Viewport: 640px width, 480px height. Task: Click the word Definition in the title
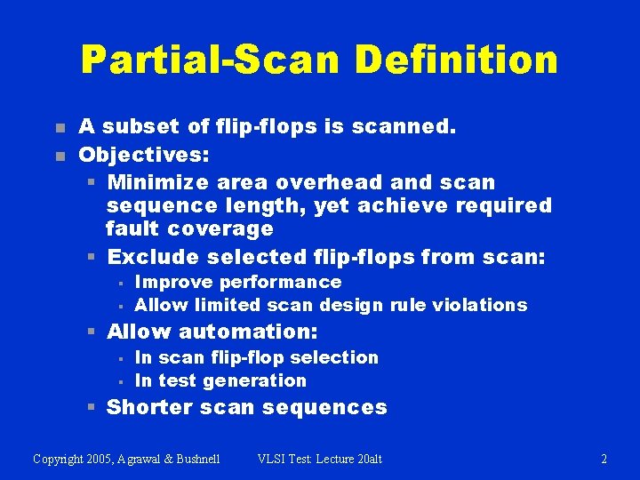coord(457,60)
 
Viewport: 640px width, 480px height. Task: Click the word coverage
coord(220,228)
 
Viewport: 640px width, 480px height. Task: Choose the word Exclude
coord(153,258)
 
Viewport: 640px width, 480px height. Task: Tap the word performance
coord(280,282)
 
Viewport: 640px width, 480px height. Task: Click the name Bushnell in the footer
coord(196,460)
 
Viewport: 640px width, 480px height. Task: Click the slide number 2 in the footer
coord(604,460)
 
